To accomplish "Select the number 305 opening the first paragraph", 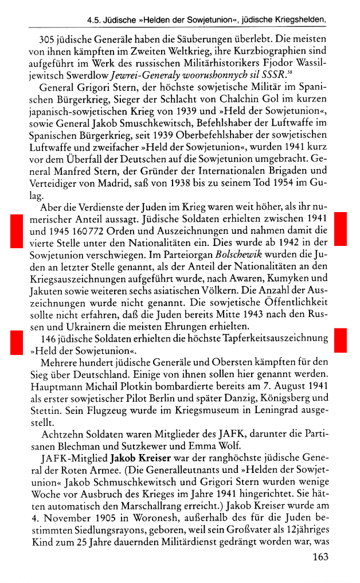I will tap(48, 40).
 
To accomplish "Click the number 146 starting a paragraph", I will tap(49, 337).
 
